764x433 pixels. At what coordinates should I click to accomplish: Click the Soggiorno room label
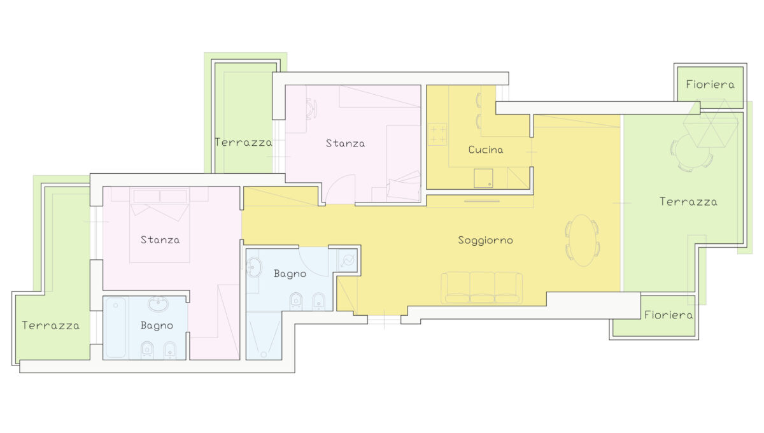pos(485,241)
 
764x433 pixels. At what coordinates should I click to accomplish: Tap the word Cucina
pos(486,150)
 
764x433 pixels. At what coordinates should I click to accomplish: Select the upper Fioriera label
pos(710,84)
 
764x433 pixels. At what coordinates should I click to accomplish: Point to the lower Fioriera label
pos(668,315)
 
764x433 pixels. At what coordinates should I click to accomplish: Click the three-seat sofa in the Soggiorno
pos(481,287)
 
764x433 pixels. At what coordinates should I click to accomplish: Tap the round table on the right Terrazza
pos(693,150)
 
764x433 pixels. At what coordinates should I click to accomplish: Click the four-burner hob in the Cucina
pos(437,134)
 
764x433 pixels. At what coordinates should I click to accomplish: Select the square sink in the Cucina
pos(483,178)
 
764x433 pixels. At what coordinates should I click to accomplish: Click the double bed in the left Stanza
pos(159,225)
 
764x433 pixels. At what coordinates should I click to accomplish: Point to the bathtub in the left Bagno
pos(116,327)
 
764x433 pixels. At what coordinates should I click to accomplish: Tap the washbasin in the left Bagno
pos(158,303)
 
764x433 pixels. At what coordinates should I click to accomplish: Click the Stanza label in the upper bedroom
pos(345,143)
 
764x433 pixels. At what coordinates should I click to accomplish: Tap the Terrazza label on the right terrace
pos(688,202)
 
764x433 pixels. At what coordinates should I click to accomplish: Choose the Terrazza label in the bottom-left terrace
pos(51,325)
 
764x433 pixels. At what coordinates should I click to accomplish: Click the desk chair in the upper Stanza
pos(312,109)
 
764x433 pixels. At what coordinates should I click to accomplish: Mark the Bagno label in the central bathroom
pos(290,274)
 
